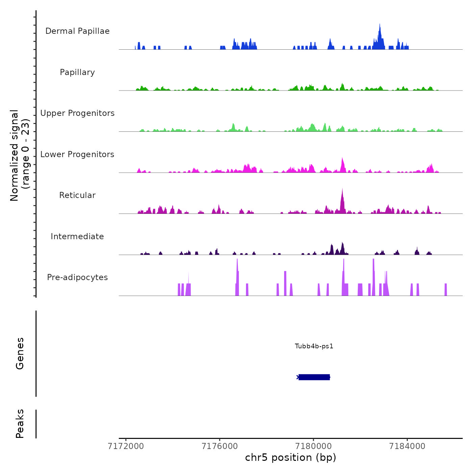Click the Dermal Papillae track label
click(x=77, y=31)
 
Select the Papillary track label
click(x=77, y=72)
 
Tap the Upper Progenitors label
click(x=77, y=113)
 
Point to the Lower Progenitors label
click(x=77, y=154)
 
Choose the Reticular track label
click(x=77, y=195)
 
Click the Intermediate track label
click(x=77, y=236)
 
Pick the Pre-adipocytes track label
click(x=77, y=277)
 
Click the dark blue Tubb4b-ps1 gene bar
click(x=314, y=377)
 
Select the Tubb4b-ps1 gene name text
click(x=314, y=346)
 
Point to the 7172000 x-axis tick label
click(x=126, y=446)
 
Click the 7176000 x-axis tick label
click(x=220, y=446)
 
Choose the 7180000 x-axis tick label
click(x=314, y=446)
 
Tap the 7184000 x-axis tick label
click(x=407, y=446)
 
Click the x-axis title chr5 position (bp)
click(x=291, y=457)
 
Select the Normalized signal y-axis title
click(x=20, y=155)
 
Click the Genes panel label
click(x=20, y=353)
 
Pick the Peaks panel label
click(x=20, y=424)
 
